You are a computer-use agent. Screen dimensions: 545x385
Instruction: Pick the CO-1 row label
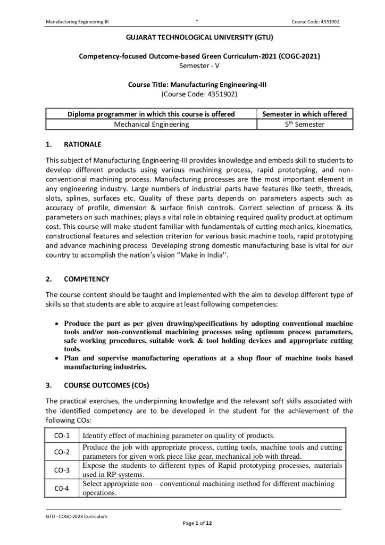(x=62, y=435)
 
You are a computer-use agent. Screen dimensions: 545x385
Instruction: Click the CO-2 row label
(x=62, y=452)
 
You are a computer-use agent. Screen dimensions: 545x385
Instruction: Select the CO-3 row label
(x=62, y=470)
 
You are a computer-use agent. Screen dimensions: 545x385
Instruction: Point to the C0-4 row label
(x=62, y=488)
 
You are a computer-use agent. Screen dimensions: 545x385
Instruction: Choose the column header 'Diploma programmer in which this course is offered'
(x=152, y=114)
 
